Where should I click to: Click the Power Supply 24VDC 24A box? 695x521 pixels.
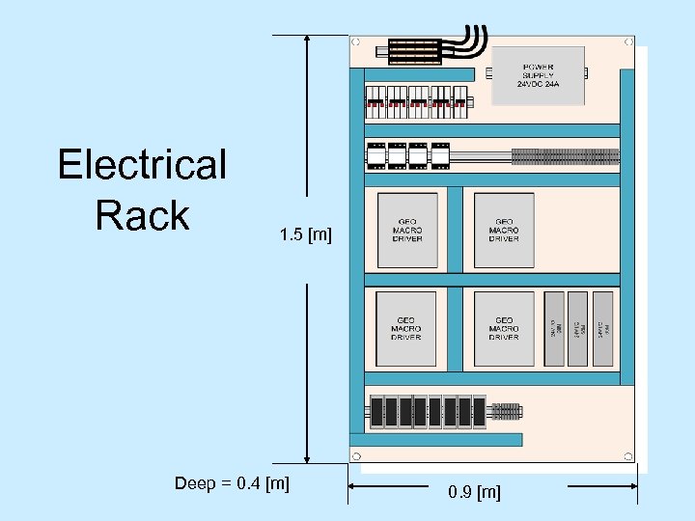[x=539, y=73]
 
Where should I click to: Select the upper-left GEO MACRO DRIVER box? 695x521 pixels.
[x=406, y=231]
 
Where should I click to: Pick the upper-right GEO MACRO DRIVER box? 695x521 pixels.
[x=504, y=231]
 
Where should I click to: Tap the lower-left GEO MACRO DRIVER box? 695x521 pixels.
[x=406, y=329]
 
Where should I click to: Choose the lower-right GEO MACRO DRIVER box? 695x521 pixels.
[x=504, y=329]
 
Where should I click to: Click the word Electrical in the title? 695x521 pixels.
[x=142, y=165]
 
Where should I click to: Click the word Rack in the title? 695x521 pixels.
[x=142, y=215]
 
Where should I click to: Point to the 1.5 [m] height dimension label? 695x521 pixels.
[x=305, y=234]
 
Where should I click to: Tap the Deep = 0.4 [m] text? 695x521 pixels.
[x=232, y=481]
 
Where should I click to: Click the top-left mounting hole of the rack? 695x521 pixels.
[x=356, y=42]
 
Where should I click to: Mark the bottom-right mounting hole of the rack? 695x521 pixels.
[x=628, y=455]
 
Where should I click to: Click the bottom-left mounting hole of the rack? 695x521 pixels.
[x=356, y=455]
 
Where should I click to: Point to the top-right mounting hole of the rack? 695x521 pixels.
[x=628, y=42]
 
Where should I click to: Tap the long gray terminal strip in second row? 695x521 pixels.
[x=565, y=155]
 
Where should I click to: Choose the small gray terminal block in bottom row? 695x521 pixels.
[x=507, y=412]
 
